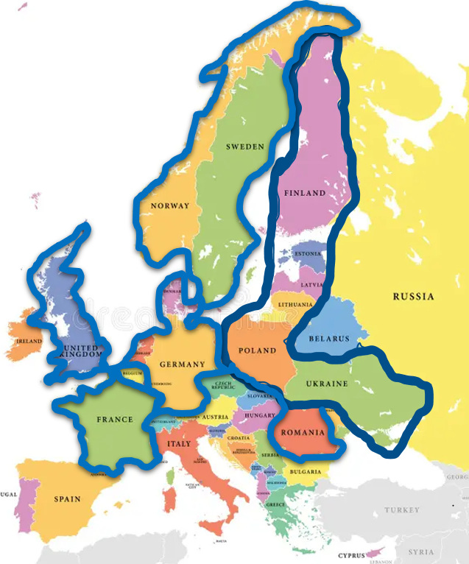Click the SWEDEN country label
click(245, 147)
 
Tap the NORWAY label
click(169, 206)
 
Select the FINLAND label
click(305, 193)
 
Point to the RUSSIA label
click(413, 297)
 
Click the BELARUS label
click(329, 339)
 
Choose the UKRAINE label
click(327, 384)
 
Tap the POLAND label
click(258, 350)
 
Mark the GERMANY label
click(182, 364)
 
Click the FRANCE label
click(115, 420)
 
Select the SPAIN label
click(67, 499)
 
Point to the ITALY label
click(178, 444)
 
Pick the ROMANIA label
click(303, 432)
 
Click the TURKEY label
click(402, 510)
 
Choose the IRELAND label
click(29, 342)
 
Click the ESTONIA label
click(308, 254)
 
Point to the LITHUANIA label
click(295, 304)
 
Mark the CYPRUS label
click(351, 556)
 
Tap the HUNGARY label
click(260, 415)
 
